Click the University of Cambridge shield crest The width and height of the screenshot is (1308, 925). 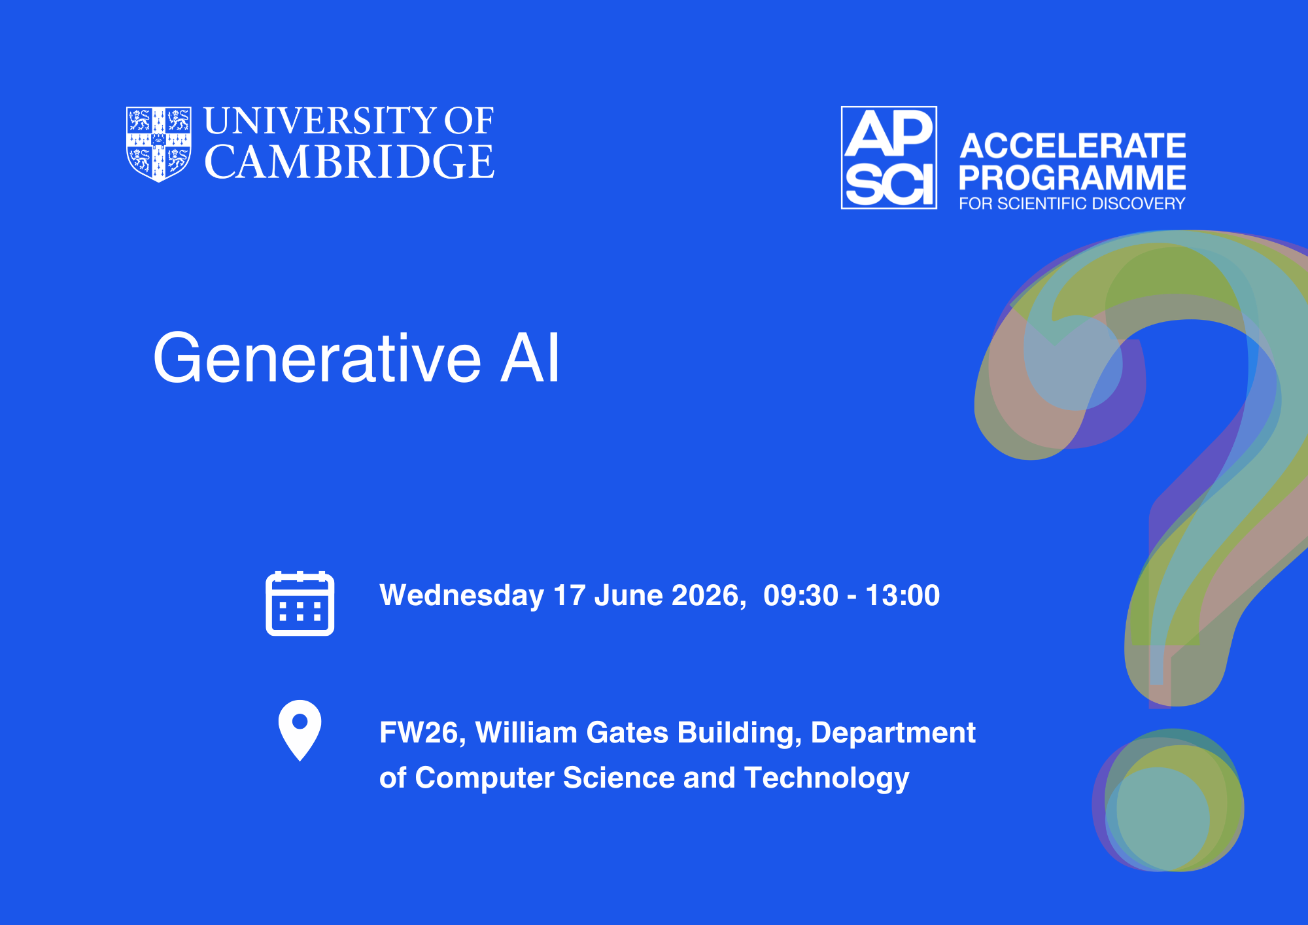click(x=159, y=144)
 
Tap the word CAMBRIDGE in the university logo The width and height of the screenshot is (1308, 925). click(x=349, y=162)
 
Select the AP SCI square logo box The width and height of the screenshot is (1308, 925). click(x=889, y=158)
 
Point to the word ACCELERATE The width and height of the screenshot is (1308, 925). click(x=1073, y=145)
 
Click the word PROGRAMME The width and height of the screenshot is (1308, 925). click(x=1073, y=177)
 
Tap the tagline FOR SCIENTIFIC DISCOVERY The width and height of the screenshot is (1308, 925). click(x=1072, y=203)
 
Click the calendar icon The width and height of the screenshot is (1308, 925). click(x=300, y=603)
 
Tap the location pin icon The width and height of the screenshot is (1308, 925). click(x=300, y=730)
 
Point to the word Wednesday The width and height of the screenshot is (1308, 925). click(x=462, y=596)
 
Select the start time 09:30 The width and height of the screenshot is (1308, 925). click(x=800, y=595)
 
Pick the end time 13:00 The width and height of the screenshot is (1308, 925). click(x=903, y=595)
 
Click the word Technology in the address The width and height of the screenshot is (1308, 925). click(x=827, y=778)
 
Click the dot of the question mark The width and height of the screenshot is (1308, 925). click(x=1168, y=801)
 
